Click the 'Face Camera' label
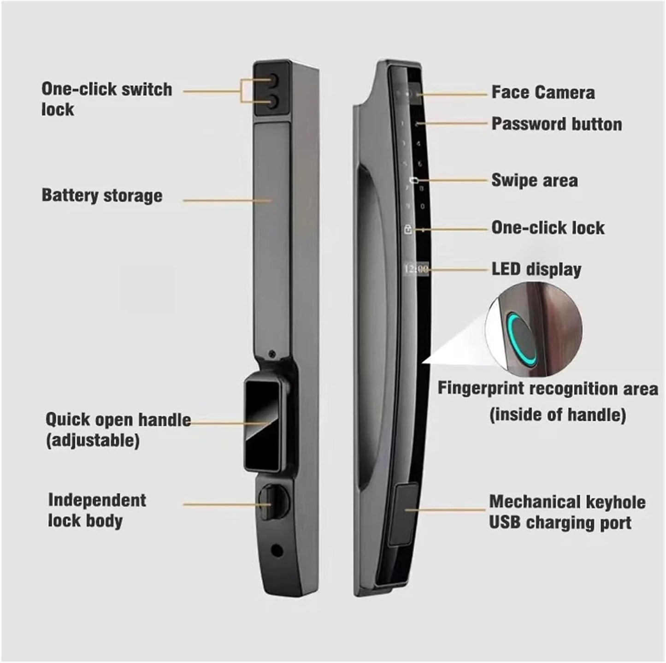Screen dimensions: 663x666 point(543,92)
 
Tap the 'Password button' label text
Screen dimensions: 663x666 point(556,124)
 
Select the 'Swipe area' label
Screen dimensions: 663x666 point(534,180)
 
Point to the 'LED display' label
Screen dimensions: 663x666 point(536,269)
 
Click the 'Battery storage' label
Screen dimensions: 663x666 point(102,195)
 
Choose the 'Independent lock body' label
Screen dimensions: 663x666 point(97,510)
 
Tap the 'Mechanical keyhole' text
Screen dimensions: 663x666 point(567,502)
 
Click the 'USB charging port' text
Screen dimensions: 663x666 point(560,523)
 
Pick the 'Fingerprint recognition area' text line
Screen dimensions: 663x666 point(548,389)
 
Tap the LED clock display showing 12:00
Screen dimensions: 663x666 point(416,269)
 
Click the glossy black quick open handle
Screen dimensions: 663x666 point(260,422)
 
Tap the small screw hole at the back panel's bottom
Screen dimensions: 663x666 point(277,550)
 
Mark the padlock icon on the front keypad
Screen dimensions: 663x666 point(408,229)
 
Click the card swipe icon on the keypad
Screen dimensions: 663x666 point(414,180)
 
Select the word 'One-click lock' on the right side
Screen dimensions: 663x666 point(548,228)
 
